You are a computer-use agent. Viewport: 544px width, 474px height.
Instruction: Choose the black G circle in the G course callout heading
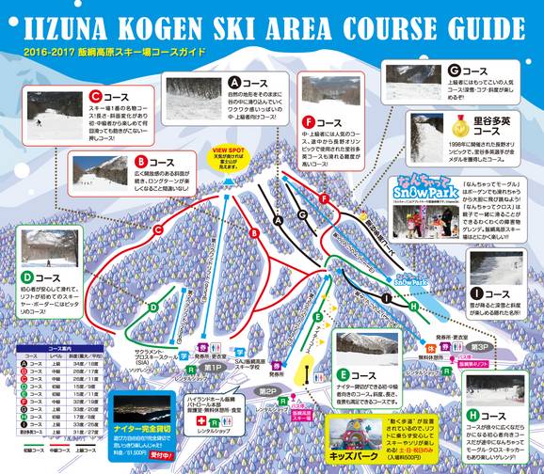pos(455,70)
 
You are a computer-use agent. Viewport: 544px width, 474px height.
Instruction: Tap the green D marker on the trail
pos(152,308)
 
